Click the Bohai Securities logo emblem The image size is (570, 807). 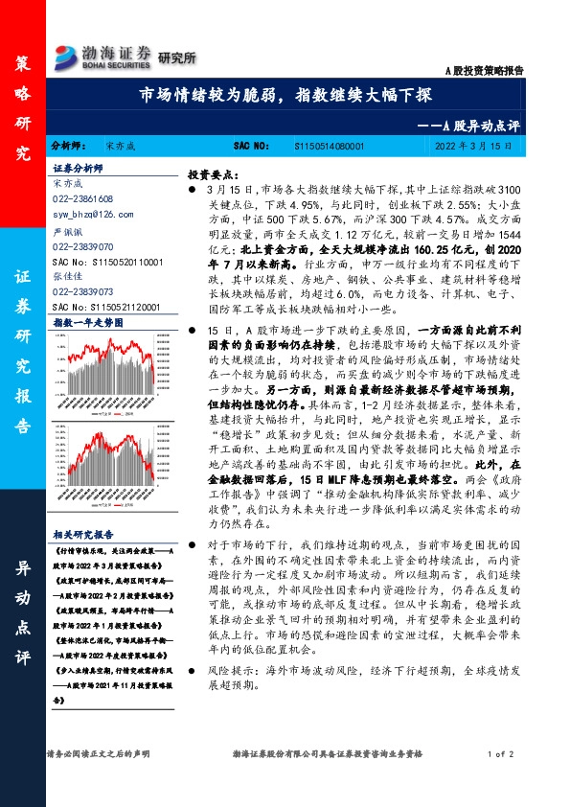pos(67,55)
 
